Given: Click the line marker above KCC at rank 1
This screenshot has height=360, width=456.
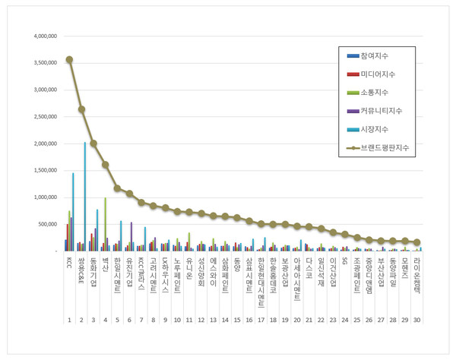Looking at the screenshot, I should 69,59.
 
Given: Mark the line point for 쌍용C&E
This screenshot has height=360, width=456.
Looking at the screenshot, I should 81,109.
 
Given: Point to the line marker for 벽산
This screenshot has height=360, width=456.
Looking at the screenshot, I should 105,165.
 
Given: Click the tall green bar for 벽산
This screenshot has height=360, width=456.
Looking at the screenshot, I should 105,224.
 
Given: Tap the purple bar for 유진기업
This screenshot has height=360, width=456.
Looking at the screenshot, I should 131,236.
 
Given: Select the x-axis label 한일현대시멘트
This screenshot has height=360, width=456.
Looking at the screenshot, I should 261,280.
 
